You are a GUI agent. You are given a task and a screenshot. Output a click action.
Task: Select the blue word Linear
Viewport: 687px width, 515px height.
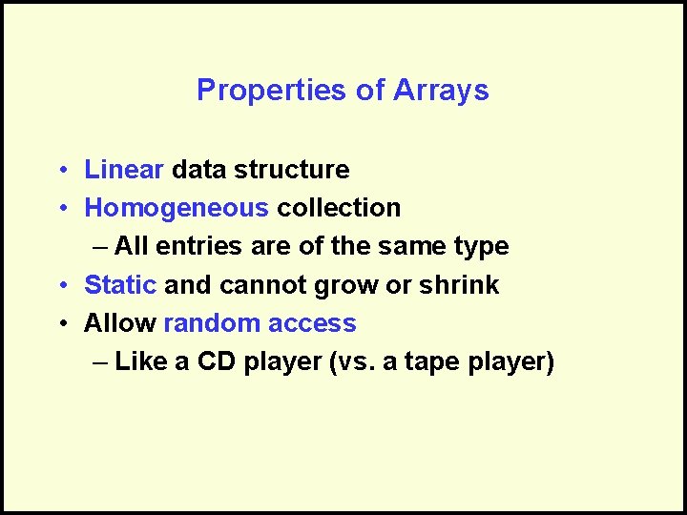125,170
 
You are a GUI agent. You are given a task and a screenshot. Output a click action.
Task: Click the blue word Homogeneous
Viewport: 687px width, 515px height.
177,208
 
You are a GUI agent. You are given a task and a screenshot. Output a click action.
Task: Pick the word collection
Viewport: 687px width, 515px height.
339,208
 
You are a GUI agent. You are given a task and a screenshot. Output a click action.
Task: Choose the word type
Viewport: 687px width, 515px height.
480,247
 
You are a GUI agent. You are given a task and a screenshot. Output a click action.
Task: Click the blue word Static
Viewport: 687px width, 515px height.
120,285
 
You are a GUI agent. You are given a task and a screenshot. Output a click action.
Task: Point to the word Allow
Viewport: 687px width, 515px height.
120,323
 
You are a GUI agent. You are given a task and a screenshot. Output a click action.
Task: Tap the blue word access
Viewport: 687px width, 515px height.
312,323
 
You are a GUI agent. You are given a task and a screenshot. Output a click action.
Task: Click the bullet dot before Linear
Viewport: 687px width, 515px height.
60,171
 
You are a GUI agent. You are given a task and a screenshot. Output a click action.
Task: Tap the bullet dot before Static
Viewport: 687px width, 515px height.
60,286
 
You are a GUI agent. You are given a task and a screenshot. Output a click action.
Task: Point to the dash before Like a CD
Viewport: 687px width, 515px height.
102,362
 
